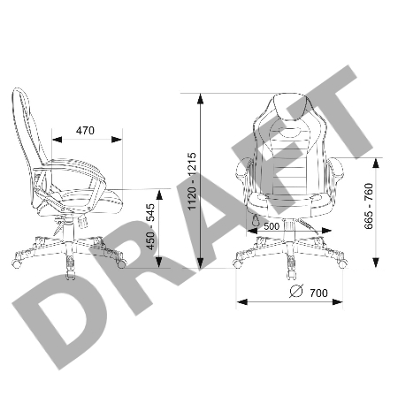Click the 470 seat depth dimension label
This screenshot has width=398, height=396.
pos(85,130)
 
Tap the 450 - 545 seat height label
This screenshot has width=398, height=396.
pos(150,226)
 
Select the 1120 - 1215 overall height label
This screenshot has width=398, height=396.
pos(192,181)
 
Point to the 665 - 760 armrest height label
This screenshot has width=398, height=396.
pos(369,206)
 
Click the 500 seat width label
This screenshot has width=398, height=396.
pos(272,226)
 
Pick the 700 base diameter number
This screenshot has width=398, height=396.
pos(318,293)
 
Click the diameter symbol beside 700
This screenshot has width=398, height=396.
pos(296,291)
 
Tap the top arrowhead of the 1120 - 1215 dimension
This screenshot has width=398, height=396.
pos(200,99)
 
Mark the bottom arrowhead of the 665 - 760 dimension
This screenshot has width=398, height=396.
pos(376,263)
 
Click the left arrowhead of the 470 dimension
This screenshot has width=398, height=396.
pos(57,140)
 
